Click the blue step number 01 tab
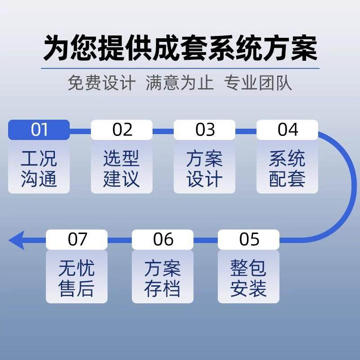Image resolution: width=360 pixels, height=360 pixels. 39,130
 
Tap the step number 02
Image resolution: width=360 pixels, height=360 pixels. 122,130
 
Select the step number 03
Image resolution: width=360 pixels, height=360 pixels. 205,130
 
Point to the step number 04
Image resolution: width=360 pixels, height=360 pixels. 288,130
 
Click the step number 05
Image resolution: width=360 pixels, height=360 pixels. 249,239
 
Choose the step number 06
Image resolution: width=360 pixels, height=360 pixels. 163,239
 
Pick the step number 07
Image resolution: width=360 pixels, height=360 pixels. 77,239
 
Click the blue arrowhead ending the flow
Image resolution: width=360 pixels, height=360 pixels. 16,240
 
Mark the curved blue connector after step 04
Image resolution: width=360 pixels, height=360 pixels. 344,184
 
